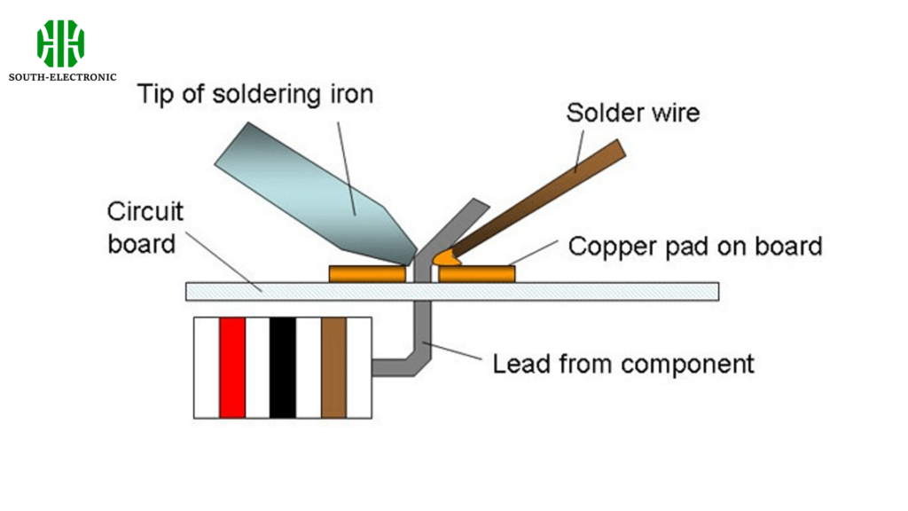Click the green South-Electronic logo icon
(60, 43)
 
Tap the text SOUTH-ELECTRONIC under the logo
(62, 77)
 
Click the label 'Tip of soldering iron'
(254, 94)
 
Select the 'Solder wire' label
(632, 113)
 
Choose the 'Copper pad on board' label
(695, 246)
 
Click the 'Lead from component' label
(623, 363)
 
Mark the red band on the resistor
(232, 367)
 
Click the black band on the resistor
(283, 367)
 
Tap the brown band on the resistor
(333, 367)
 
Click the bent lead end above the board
(461, 222)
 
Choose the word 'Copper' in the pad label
(607, 246)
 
